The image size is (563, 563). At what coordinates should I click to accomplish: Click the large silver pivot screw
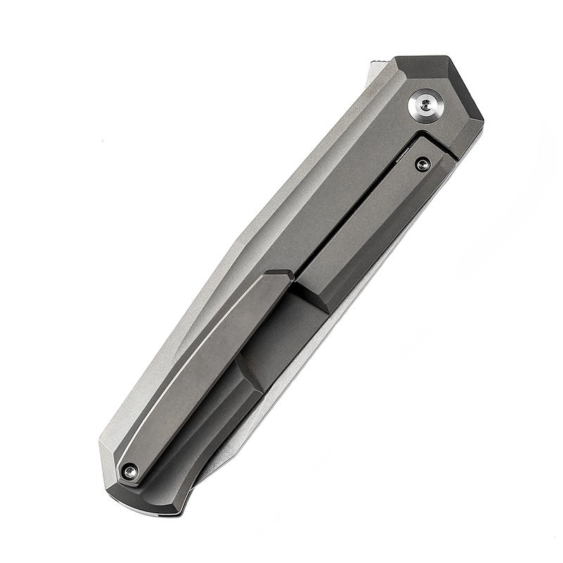[426, 106]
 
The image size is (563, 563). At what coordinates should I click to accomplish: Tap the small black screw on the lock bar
[422, 165]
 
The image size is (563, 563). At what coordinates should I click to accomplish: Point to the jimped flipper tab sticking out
[375, 70]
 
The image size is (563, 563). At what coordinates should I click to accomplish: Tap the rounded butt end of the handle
[141, 503]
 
